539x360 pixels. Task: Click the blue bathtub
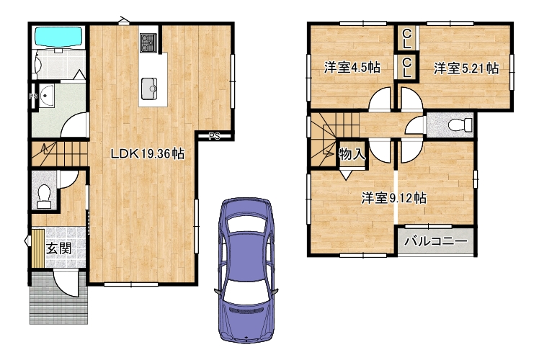point(59,37)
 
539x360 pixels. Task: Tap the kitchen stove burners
point(148,43)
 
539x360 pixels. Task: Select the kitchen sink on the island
point(149,89)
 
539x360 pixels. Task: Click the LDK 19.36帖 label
point(148,153)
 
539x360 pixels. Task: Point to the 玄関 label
point(59,248)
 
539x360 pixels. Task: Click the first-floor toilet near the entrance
point(44,197)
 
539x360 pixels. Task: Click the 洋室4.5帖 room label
point(352,68)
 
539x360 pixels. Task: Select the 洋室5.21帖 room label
point(465,68)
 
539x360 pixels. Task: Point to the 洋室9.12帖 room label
point(394,198)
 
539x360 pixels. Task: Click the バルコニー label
point(436,241)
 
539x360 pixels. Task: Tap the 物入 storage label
point(352,154)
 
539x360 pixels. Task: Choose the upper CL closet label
point(406,38)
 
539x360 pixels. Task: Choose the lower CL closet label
point(406,67)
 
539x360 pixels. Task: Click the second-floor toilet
point(460,125)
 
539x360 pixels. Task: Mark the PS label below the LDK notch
point(214,136)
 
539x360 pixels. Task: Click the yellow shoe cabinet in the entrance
point(37,248)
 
